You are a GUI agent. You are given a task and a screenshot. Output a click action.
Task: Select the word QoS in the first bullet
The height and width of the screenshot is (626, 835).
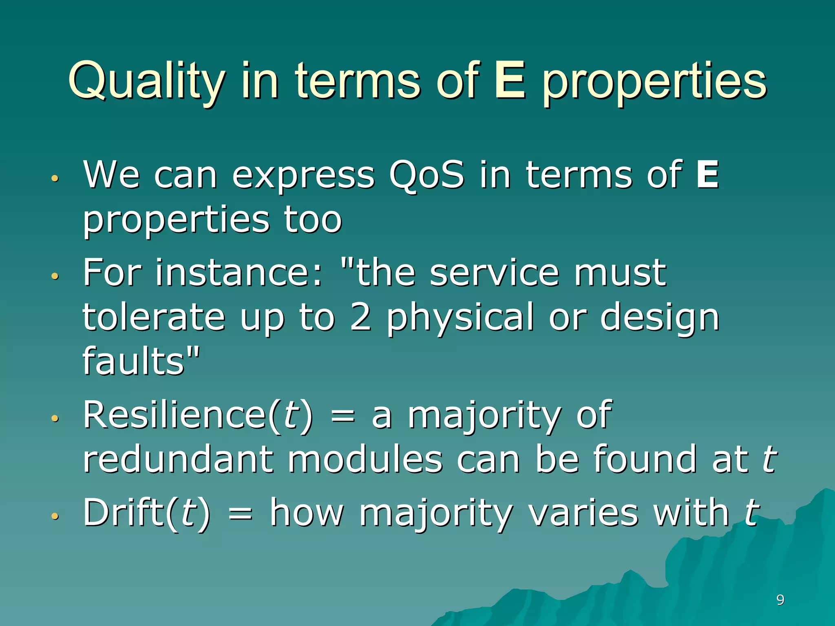(426, 175)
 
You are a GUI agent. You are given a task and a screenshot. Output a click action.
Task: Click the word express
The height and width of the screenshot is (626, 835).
(303, 176)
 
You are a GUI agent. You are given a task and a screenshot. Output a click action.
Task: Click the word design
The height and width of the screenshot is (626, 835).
(660, 319)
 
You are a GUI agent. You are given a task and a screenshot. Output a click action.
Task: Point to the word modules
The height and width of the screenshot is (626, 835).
(365, 460)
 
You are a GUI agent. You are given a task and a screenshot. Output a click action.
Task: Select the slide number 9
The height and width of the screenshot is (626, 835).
(780, 600)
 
